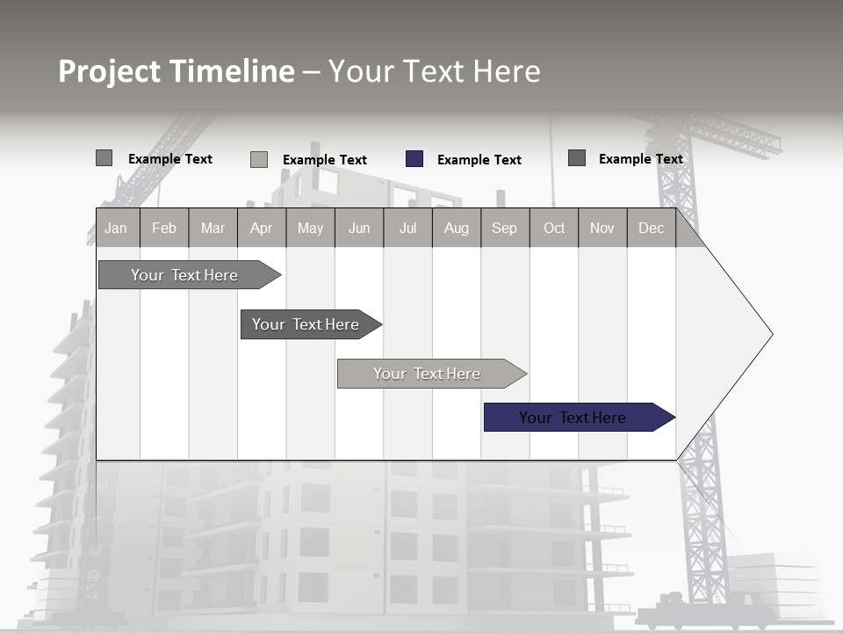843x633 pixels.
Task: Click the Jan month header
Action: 117,228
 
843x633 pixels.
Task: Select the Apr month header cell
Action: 262,228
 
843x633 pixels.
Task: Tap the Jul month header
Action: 407,228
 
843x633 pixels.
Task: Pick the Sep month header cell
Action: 505,228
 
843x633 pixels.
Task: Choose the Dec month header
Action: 652,228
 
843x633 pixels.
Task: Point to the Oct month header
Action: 554,228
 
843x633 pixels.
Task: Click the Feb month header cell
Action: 164,228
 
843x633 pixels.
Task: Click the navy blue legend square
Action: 414,159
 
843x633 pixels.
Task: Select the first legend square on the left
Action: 104,158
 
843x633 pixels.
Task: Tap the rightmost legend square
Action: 577,158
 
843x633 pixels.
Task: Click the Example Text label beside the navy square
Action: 479,160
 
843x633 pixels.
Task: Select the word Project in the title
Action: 109,71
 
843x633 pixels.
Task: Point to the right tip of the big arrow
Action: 770,334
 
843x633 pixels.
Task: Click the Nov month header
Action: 602,228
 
